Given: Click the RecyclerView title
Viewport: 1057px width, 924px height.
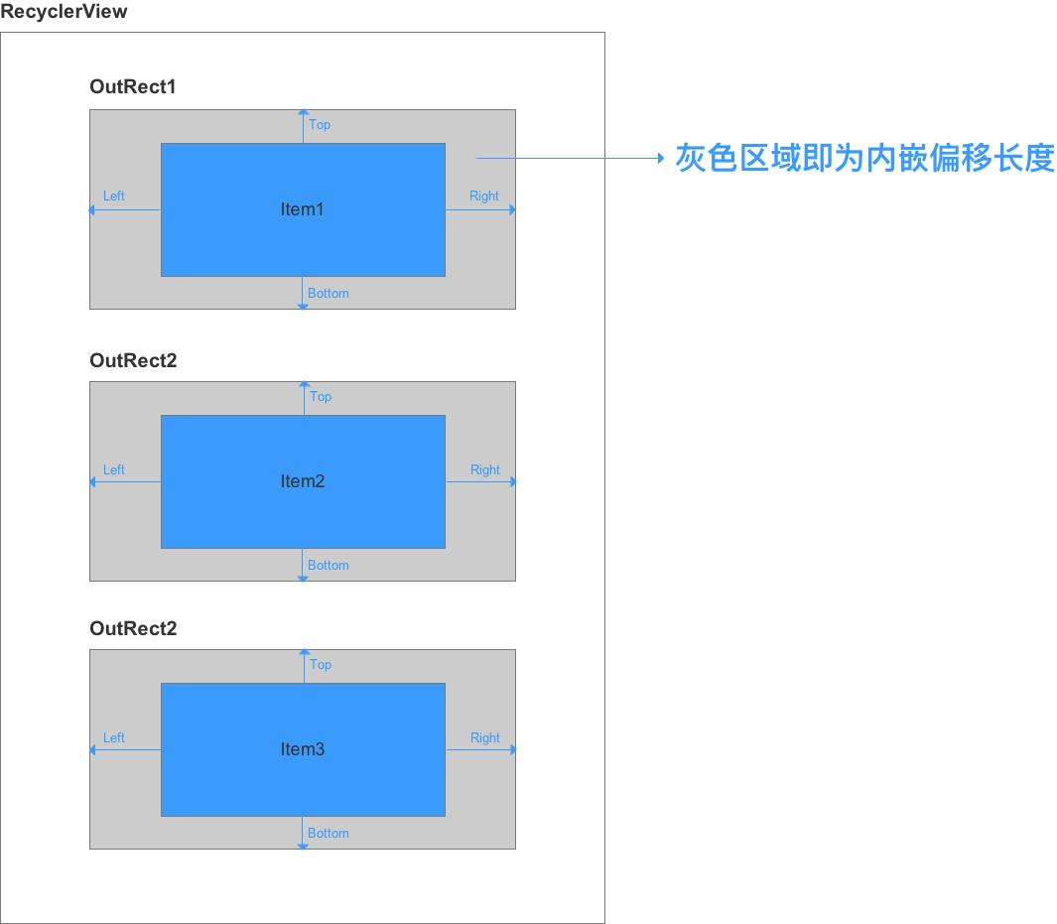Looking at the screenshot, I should point(64,13).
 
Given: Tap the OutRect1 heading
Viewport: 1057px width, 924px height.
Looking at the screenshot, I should point(133,87).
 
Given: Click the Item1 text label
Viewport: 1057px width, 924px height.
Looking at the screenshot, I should point(303,209).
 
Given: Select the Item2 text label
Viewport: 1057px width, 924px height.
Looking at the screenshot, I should point(303,481).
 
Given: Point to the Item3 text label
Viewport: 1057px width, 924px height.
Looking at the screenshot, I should point(303,749).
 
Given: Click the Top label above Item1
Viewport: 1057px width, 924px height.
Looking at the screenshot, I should point(320,125).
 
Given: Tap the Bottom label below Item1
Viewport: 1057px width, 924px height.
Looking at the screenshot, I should point(329,294).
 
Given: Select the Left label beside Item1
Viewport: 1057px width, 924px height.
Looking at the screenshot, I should point(114,197).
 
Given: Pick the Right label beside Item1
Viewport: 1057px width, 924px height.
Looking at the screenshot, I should point(484,197).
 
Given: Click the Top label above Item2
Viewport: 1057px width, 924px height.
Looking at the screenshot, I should point(321,397).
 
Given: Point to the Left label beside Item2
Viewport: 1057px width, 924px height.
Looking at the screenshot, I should point(114,470).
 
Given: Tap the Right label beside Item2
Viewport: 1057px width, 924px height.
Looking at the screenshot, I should point(485,470).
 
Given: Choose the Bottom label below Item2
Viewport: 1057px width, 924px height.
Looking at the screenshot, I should point(329,566).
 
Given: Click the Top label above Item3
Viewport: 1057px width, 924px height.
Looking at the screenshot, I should point(321,665).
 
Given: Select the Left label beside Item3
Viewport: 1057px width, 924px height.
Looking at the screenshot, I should point(114,738).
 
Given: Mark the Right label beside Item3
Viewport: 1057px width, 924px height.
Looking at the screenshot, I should point(485,738).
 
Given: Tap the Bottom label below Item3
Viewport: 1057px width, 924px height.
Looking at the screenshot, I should point(329,834).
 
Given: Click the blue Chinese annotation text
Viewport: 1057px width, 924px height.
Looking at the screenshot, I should point(864,158).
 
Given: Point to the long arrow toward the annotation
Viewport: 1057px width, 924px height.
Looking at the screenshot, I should point(571,158).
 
